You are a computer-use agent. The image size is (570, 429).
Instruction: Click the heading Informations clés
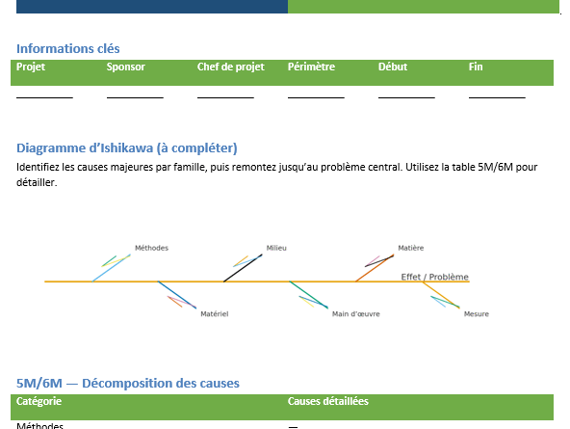[68, 49]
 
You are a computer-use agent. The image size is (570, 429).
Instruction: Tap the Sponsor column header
[125, 67]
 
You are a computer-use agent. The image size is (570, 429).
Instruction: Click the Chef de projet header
[230, 67]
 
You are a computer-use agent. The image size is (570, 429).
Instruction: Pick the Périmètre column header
[311, 67]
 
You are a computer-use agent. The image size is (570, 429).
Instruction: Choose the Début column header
[393, 67]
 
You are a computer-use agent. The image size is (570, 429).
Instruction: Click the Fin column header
[476, 67]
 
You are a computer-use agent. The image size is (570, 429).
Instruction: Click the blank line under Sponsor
[135, 95]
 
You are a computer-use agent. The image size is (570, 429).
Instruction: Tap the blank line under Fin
[497, 95]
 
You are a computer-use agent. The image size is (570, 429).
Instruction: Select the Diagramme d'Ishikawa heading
[127, 147]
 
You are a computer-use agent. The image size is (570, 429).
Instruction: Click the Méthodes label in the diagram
[151, 248]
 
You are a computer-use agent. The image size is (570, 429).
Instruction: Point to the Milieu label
[276, 248]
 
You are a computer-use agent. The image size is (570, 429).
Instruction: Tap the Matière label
[410, 248]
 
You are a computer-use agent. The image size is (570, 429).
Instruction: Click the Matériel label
[214, 313]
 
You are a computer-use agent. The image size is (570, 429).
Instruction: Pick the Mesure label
[476, 313]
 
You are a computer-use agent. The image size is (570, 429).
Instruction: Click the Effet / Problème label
[434, 277]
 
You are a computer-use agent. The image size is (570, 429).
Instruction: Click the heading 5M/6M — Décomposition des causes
[128, 383]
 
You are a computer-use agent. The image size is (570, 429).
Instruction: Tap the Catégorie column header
[40, 401]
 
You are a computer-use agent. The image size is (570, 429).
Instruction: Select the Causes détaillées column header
[327, 401]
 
